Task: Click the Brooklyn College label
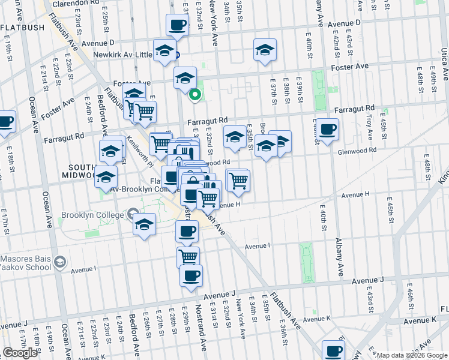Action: (x=92, y=215)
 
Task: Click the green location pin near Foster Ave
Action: (x=195, y=95)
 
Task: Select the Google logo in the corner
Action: (x=20, y=353)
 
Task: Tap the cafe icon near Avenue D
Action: (x=177, y=25)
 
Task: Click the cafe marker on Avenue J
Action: (x=191, y=275)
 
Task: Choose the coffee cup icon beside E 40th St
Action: (x=328, y=129)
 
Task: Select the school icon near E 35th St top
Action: (x=265, y=50)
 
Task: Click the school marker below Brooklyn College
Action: (x=144, y=224)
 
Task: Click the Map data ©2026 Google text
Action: (x=412, y=355)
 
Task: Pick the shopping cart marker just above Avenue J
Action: (x=188, y=257)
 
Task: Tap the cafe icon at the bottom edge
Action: (x=333, y=350)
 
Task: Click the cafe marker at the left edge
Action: (x=5, y=121)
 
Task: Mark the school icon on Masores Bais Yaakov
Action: (x=59, y=262)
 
